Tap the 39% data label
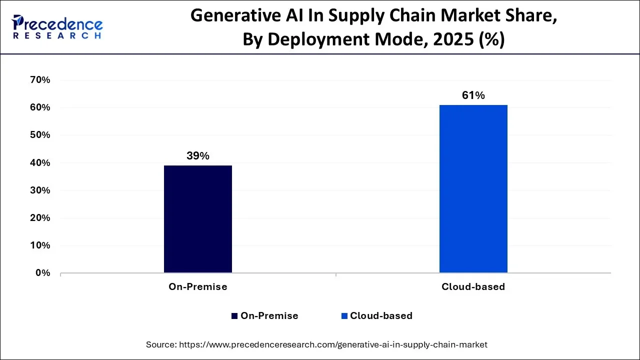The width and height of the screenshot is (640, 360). click(x=197, y=156)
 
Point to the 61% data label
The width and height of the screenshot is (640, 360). click(x=473, y=95)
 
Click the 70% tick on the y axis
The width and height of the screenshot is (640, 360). click(x=40, y=80)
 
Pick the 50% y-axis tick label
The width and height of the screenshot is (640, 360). click(x=40, y=135)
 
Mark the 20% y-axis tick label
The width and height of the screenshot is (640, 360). click(x=40, y=218)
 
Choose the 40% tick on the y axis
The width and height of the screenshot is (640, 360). click(x=40, y=163)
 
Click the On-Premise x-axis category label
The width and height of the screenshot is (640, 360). click(x=197, y=287)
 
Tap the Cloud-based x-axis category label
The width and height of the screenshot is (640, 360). click(x=473, y=287)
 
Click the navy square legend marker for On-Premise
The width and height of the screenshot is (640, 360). click(x=234, y=316)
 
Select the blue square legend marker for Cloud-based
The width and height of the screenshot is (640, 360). click(x=344, y=316)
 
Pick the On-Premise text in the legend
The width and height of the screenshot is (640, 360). click(x=269, y=316)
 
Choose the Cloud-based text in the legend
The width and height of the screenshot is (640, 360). click(x=381, y=316)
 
